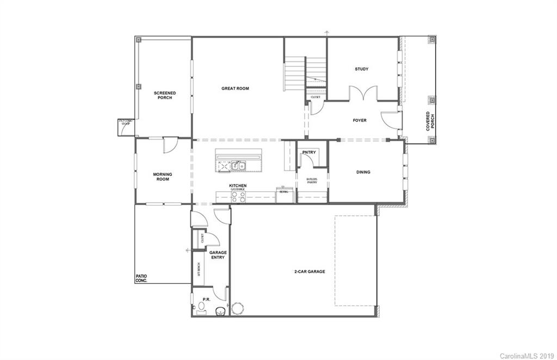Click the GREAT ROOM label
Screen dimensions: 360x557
pyautogui.click(x=235, y=88)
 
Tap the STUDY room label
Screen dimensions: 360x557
pyautogui.click(x=362, y=69)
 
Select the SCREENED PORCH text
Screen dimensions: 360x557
pyautogui.click(x=164, y=95)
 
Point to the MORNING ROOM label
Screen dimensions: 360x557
pyautogui.click(x=163, y=177)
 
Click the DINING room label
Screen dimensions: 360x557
pyautogui.click(x=363, y=172)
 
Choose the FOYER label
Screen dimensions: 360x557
pyautogui.click(x=360, y=121)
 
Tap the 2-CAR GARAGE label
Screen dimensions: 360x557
pyautogui.click(x=310, y=271)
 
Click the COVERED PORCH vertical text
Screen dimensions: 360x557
pyautogui.click(x=430, y=121)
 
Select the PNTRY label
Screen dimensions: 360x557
pyautogui.click(x=308, y=153)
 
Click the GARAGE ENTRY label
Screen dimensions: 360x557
pyautogui.click(x=218, y=255)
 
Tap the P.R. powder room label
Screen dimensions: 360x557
pyautogui.click(x=207, y=299)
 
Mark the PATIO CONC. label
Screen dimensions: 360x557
pyautogui.click(x=141, y=278)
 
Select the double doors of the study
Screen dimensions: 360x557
pyautogui.click(x=362, y=94)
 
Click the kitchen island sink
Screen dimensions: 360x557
pyautogui.click(x=238, y=165)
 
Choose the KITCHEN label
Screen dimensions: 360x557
pyautogui.click(x=238, y=186)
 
